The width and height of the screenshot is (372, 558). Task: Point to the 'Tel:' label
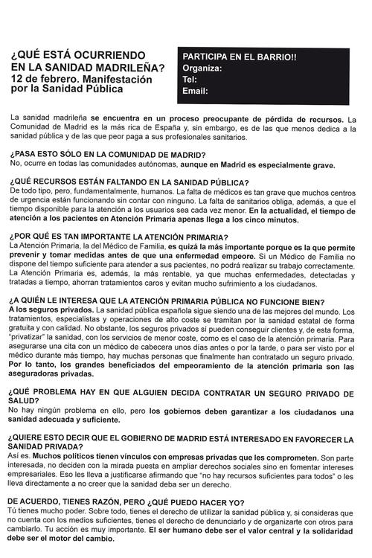(x=190, y=79)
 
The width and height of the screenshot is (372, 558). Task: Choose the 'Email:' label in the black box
(x=195, y=91)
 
